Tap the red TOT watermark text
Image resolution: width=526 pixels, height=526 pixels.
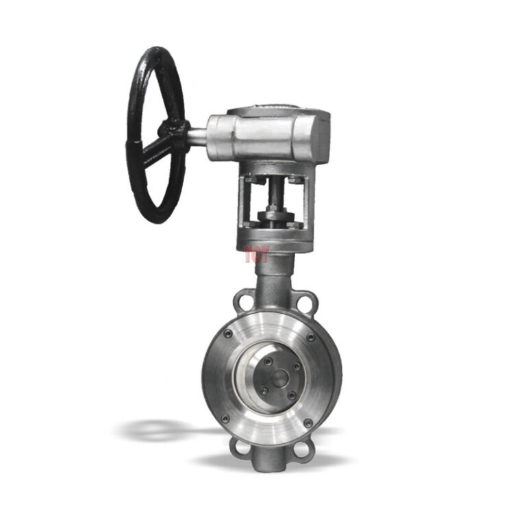pyautogui.click(x=255, y=255)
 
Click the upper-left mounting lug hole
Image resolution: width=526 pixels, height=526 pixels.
pyautogui.click(x=240, y=299)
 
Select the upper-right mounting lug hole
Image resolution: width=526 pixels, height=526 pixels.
pyautogui.click(x=307, y=300)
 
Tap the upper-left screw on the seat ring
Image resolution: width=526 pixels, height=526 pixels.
pyautogui.click(x=227, y=334)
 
